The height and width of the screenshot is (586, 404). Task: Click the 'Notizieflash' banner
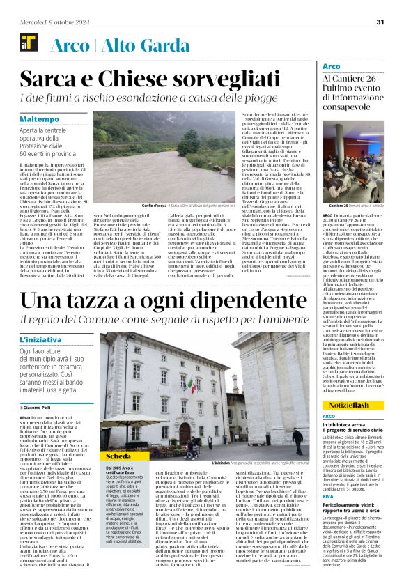tap(350, 404)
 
